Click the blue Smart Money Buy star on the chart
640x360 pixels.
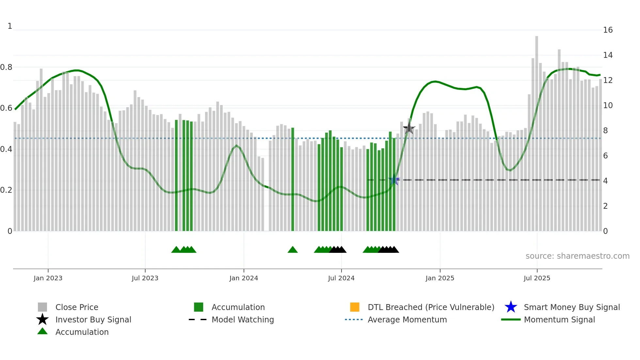point(394,180)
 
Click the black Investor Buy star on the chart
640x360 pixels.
point(409,128)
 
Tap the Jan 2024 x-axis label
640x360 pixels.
point(244,278)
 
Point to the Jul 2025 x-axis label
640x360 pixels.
point(537,278)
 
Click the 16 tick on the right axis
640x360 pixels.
point(608,30)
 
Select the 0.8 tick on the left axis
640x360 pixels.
point(6,67)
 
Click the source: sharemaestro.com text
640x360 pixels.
point(577,256)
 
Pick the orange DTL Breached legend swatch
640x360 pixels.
point(355,307)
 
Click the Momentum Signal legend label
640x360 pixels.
point(559,319)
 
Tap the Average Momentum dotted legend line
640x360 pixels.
point(354,319)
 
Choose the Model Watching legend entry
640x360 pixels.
point(243,319)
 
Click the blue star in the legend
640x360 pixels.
point(511,307)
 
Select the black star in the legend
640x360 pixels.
point(42,319)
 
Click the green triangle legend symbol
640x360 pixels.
point(42,331)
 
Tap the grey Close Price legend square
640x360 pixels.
point(42,307)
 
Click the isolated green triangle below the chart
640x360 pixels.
point(293,250)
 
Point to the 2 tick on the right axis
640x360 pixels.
point(605,206)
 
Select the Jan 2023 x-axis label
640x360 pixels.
point(48,278)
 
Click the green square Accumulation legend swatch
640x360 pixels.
point(199,307)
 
